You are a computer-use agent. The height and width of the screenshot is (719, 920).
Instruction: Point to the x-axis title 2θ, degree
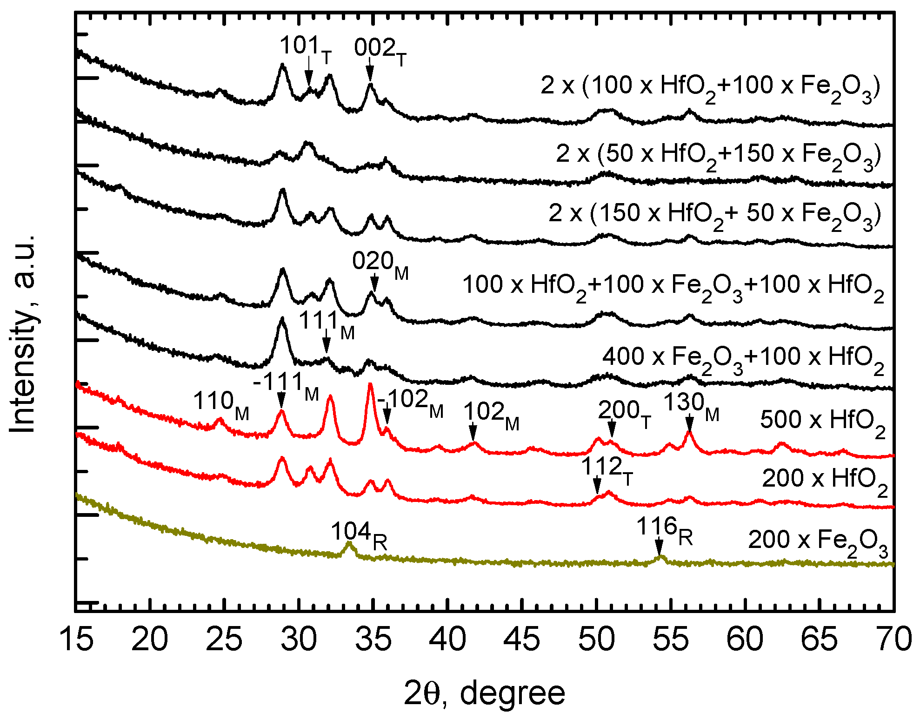[x=484, y=693]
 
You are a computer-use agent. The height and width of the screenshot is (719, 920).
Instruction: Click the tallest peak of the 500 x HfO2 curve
[x=370, y=384]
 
